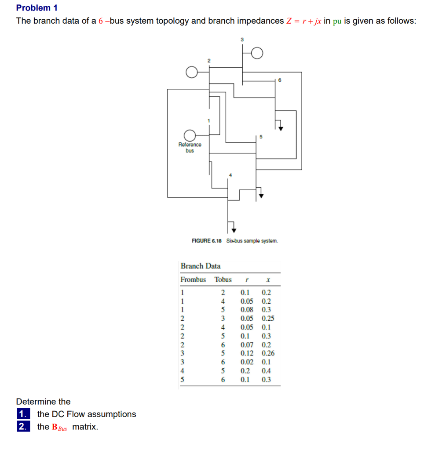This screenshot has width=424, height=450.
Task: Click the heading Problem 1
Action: (37, 8)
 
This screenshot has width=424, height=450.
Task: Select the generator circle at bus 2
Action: (191, 72)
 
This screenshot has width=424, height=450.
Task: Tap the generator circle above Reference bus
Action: (190, 135)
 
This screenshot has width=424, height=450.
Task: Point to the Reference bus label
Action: (190, 147)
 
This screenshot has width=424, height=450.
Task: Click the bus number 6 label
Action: (279, 80)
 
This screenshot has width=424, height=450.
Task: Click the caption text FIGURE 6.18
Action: (207, 241)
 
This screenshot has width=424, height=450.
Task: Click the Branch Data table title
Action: (201, 266)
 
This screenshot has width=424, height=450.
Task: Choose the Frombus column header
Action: (193, 279)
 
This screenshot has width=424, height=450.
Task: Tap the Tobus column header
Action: (223, 279)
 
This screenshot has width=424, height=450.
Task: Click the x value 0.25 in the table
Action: (268, 319)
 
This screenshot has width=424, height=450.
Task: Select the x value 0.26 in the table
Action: (268, 353)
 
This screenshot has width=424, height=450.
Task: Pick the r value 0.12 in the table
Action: (247, 353)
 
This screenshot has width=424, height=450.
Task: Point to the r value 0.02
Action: (247, 362)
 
